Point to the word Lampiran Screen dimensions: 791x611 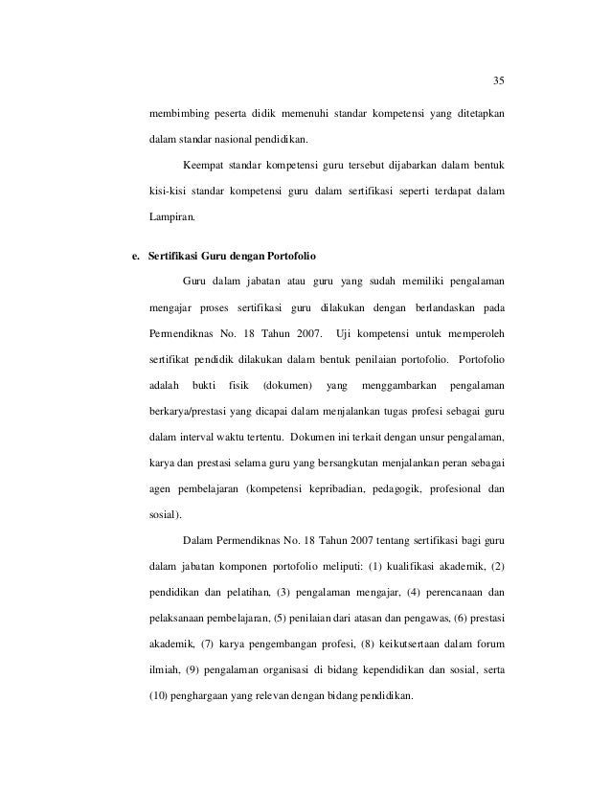point(170,218)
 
